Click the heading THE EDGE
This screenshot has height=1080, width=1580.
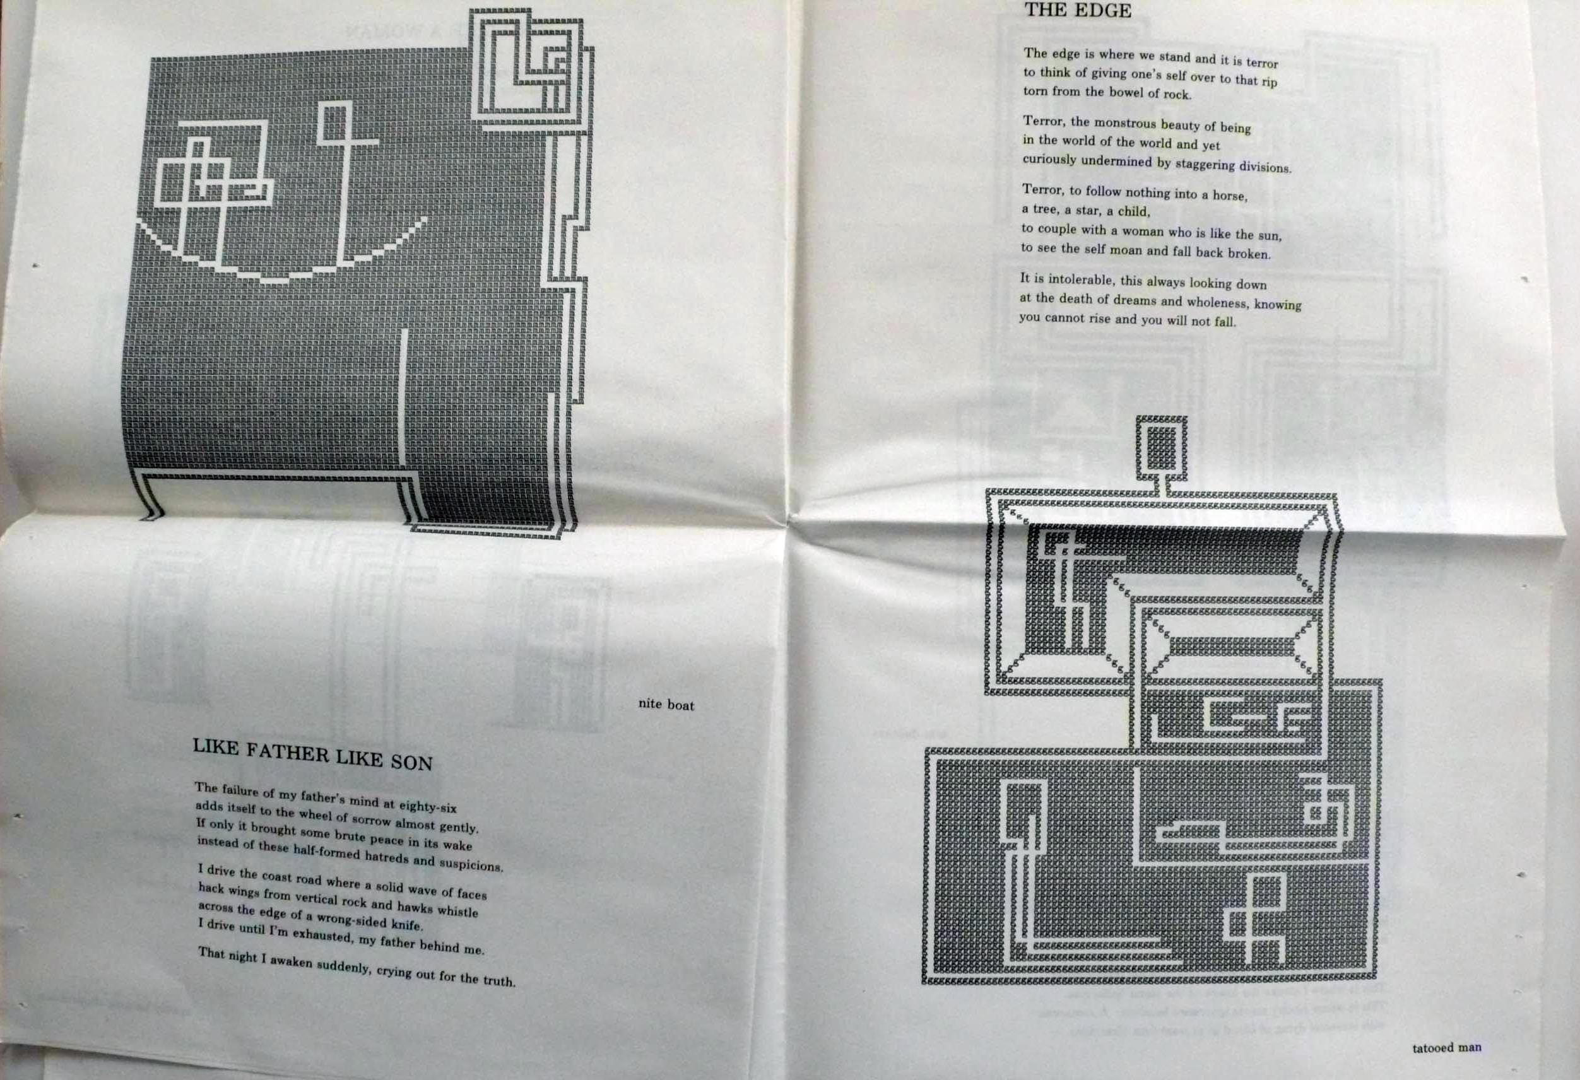pos(1078,11)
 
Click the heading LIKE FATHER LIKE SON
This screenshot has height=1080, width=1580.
pos(313,754)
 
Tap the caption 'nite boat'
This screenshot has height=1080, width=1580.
pos(666,704)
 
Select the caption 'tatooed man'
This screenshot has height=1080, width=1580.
pos(1446,1047)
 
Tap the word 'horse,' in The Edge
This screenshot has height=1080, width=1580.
pos(1230,196)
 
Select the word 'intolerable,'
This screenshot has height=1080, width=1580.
pos(1081,280)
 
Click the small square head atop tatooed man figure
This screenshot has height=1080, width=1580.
pos(1161,447)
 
